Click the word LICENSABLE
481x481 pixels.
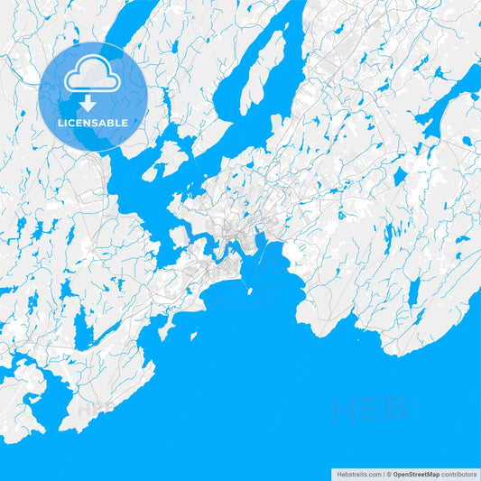coord(93,123)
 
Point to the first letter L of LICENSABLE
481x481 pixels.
coord(60,123)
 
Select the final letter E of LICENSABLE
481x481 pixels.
coord(125,123)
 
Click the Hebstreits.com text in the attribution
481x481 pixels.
coord(357,474)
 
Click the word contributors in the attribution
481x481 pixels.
coord(459,474)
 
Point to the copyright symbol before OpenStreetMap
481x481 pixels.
coord(388,474)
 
